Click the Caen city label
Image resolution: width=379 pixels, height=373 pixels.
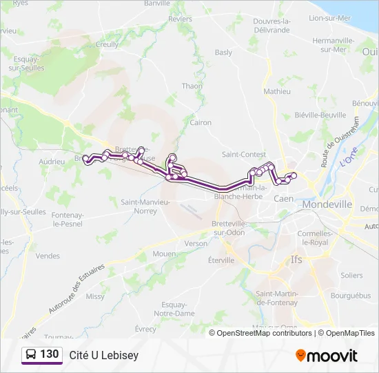coord(283,198)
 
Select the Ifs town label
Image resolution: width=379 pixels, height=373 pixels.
coord(297,260)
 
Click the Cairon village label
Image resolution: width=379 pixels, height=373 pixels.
coord(201,122)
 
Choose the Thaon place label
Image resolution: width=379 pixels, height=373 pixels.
coord(192,86)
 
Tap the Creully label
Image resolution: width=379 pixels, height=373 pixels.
coord(107,44)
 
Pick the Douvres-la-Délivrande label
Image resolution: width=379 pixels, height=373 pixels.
coord(272,26)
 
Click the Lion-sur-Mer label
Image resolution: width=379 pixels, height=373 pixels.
coord(330,19)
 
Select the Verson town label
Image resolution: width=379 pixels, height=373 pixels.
coord(196,243)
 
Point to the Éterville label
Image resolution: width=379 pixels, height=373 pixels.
coord(221,260)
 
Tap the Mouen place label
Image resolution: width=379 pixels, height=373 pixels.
coord(164,254)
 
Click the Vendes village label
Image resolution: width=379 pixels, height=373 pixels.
coord(48,256)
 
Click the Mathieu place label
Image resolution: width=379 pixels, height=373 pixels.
coord(277,90)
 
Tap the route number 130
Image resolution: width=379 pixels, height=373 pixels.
coord(49,354)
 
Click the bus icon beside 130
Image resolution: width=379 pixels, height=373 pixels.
coord(32,355)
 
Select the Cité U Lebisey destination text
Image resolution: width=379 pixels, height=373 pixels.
coord(104,355)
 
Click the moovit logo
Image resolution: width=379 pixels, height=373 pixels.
coord(327,355)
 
